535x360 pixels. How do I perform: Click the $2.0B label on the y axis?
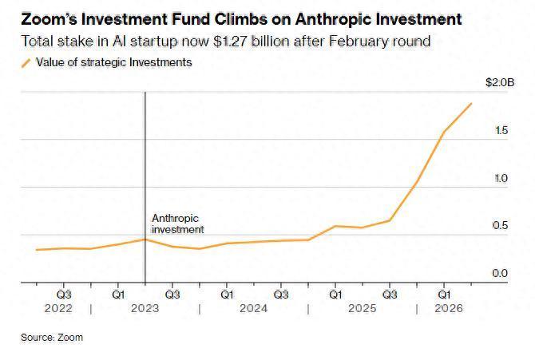pyautogui.click(x=500, y=82)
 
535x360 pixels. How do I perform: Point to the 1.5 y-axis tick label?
pyautogui.click(x=501, y=130)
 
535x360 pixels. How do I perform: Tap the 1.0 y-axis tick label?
pyautogui.click(x=501, y=178)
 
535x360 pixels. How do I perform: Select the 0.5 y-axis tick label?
pyautogui.click(x=500, y=226)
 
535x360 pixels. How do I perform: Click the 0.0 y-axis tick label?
pyautogui.click(x=500, y=273)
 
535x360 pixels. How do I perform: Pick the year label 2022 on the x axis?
pyautogui.click(x=58, y=308)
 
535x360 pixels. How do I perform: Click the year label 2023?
pyautogui.click(x=145, y=308)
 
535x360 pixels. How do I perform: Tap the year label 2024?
pyautogui.click(x=253, y=308)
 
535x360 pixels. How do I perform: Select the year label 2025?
pyautogui.click(x=362, y=308)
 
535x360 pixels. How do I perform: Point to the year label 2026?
pyautogui.click(x=449, y=308)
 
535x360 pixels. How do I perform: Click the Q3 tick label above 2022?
pyautogui.click(x=64, y=295)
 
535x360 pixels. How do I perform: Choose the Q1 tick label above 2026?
pyautogui.click(x=444, y=295)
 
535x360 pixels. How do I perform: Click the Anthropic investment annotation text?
pyautogui.click(x=178, y=224)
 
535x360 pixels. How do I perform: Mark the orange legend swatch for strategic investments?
pyautogui.click(x=26, y=63)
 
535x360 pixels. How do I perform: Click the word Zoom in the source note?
pyautogui.click(x=70, y=338)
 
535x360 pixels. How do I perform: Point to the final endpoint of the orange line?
pyautogui.click(x=472, y=103)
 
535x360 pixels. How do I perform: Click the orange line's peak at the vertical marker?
pyautogui.click(x=145, y=239)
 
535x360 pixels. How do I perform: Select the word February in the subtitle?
pyautogui.click(x=359, y=42)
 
